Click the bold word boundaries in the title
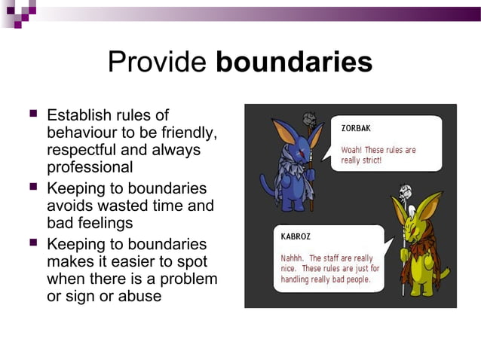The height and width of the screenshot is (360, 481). pyautogui.click(x=294, y=63)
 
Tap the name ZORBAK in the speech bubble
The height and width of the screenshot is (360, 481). pyautogui.click(x=356, y=128)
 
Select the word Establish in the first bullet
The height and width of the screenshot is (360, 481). pyautogui.click(x=80, y=116)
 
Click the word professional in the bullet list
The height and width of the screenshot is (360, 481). pyautogui.click(x=90, y=167)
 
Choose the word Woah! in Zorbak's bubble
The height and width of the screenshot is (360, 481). pyautogui.click(x=354, y=150)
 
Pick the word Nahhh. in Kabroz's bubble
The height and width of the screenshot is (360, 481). pyautogui.click(x=286, y=258)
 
